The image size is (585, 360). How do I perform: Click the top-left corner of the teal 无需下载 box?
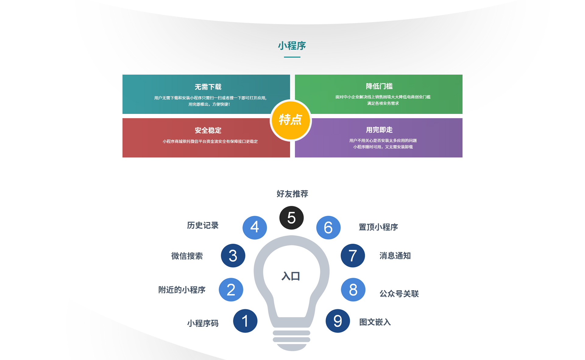click(x=122, y=75)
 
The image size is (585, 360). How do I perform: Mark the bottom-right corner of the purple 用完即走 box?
click(x=463, y=157)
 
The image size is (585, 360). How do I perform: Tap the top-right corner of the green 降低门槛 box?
click(x=463, y=75)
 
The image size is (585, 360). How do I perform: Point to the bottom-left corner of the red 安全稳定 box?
click(x=122, y=157)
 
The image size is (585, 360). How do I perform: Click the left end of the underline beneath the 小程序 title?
click(x=284, y=57)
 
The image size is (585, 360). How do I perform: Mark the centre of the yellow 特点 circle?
click(x=291, y=120)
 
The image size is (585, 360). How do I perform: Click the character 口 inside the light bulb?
click(x=296, y=276)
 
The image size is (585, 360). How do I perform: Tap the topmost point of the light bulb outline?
click(x=292, y=235)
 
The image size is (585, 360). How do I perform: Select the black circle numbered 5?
click(x=292, y=218)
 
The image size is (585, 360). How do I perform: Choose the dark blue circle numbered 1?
click(x=245, y=321)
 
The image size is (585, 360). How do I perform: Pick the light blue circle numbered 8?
click(x=353, y=290)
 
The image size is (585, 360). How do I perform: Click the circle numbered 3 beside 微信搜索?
click(x=233, y=256)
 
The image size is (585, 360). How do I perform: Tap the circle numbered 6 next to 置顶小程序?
click(x=328, y=228)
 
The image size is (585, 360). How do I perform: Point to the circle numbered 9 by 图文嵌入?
click(x=338, y=321)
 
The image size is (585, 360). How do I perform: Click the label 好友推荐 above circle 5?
click(x=292, y=194)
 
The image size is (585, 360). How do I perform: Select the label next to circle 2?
click(x=182, y=290)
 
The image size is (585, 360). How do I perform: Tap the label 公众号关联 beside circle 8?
click(x=399, y=294)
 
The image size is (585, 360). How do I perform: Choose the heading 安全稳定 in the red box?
click(x=208, y=130)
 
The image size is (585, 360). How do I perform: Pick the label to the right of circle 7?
click(x=395, y=256)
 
